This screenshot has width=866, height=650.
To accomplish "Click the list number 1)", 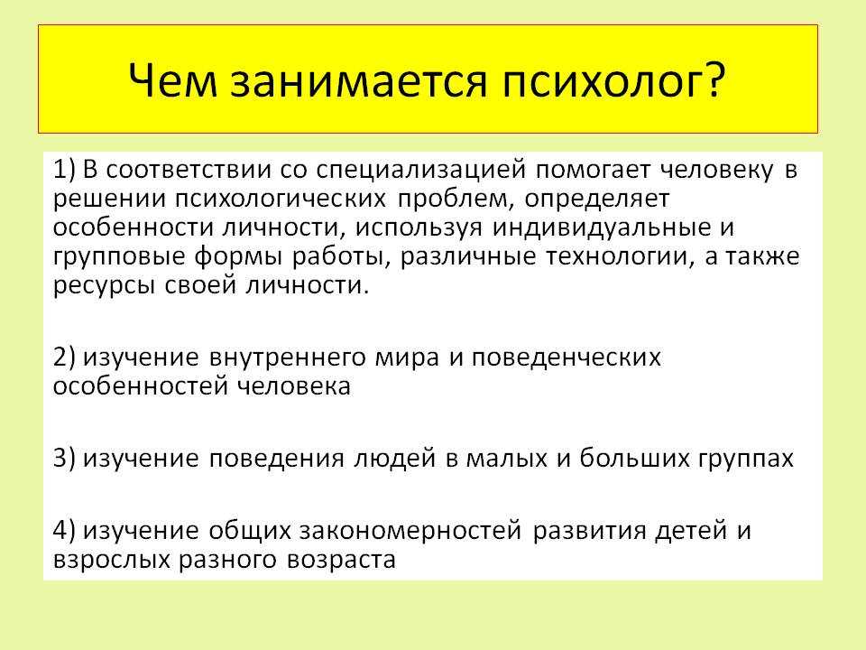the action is pyautogui.click(x=64, y=170).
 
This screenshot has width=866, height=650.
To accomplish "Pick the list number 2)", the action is pyautogui.click(x=64, y=357).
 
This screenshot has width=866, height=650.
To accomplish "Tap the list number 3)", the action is pyautogui.click(x=64, y=459).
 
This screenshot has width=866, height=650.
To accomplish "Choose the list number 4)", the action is pyautogui.click(x=64, y=530).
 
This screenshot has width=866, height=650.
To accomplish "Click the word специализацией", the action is pyautogui.click(x=421, y=171).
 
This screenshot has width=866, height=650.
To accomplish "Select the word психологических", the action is pyautogui.click(x=281, y=200).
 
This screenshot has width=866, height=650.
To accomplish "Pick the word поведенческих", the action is pyautogui.click(x=566, y=358).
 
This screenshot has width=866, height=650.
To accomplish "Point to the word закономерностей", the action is pyautogui.click(x=410, y=531).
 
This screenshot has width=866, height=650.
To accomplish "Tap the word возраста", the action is pyautogui.click(x=341, y=561).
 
